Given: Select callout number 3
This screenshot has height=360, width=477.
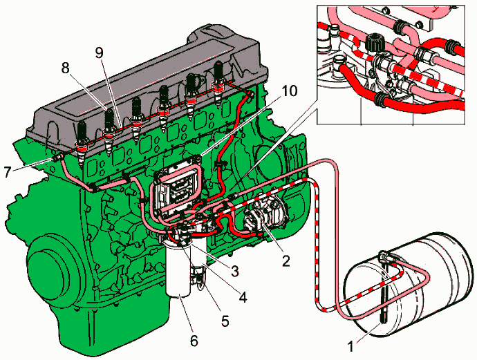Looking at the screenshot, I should coord(235,270).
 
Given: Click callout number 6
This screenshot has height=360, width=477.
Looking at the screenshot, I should coord(194,341).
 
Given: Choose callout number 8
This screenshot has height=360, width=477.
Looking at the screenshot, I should coord(66,67).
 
